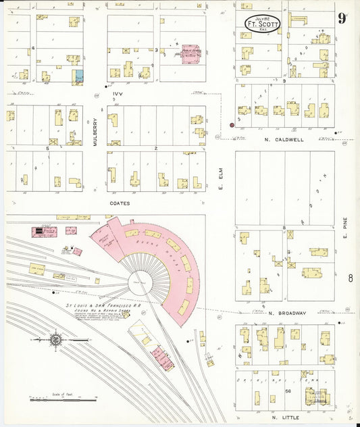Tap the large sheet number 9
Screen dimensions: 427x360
point(343,18)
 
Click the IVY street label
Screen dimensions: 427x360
point(119,95)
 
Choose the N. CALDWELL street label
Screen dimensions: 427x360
point(286,140)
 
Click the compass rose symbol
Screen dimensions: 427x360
point(54,340)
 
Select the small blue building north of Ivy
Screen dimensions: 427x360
point(78,76)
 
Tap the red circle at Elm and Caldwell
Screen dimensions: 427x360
point(232,125)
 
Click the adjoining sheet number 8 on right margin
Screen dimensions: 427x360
point(350,278)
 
